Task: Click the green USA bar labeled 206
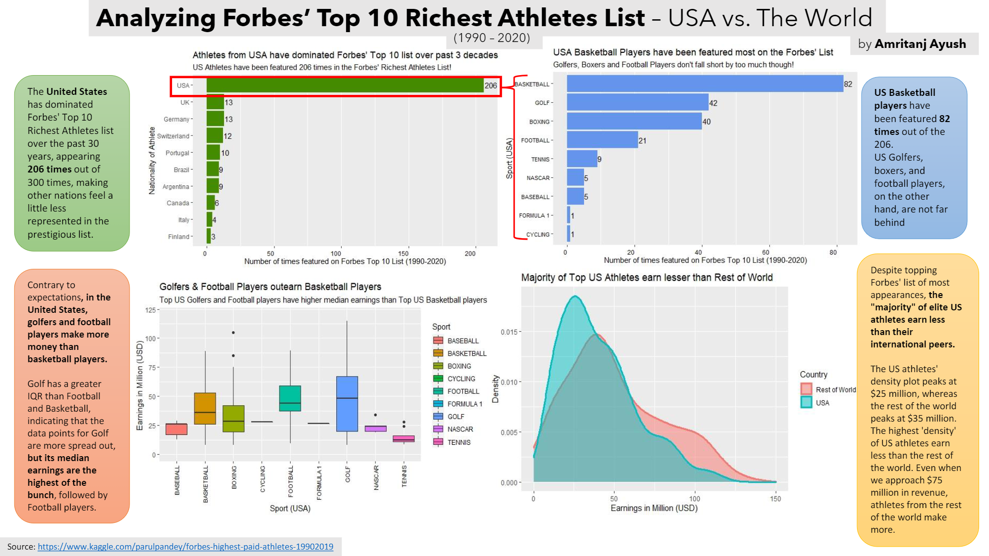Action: (345, 86)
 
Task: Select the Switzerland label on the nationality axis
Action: (173, 136)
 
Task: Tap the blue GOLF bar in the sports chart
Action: (637, 103)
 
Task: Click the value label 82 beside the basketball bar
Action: (848, 84)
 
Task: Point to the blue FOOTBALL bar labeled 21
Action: (602, 140)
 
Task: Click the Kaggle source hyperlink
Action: (185, 547)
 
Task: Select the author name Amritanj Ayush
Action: (920, 44)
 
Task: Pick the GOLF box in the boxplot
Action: (347, 404)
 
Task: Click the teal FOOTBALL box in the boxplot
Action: (290, 398)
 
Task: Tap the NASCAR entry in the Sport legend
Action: (460, 429)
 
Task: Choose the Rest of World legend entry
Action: (835, 389)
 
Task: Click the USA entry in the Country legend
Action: (822, 402)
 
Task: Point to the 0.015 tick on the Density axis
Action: (509, 332)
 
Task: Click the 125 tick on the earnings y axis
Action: (150, 310)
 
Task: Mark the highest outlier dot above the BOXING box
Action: (233, 333)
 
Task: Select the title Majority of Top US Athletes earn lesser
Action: (646, 278)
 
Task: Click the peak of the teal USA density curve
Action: (575, 297)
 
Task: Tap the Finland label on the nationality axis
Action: (179, 237)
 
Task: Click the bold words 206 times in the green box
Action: (49, 169)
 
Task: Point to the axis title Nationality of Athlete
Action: (152, 160)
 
